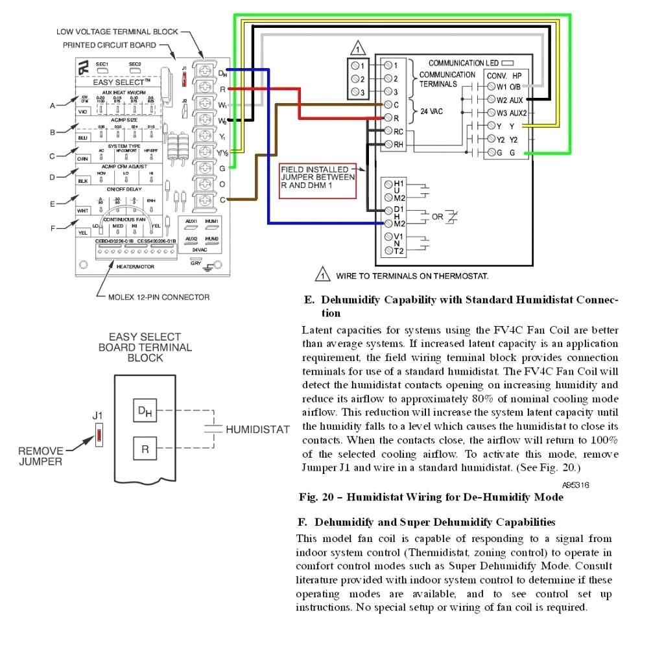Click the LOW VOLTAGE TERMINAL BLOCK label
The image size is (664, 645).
117,31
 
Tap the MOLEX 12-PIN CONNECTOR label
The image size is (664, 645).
154,297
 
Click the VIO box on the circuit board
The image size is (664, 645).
83,111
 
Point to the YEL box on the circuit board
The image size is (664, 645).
83,231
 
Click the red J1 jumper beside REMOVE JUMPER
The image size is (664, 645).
99,435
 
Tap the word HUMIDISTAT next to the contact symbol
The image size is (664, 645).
257,430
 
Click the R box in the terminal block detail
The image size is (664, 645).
145,449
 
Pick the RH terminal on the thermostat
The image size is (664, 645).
392,145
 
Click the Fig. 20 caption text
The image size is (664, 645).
431,497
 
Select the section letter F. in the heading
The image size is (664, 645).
302,522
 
